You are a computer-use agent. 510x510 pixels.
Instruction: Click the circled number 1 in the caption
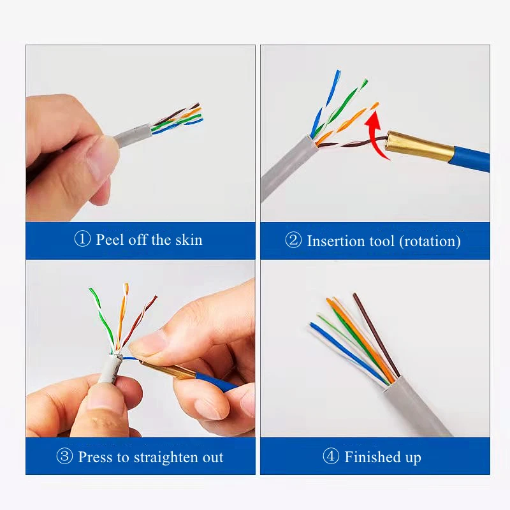[x=83, y=240]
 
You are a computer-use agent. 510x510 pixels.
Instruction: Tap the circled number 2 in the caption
[x=293, y=241]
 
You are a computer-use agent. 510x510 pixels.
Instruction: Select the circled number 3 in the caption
[x=64, y=457]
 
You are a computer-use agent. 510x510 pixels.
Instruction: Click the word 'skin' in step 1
[x=188, y=240]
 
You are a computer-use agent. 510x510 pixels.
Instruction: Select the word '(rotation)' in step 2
[x=430, y=241]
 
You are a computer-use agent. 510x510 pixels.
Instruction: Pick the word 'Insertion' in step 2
[x=335, y=241]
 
